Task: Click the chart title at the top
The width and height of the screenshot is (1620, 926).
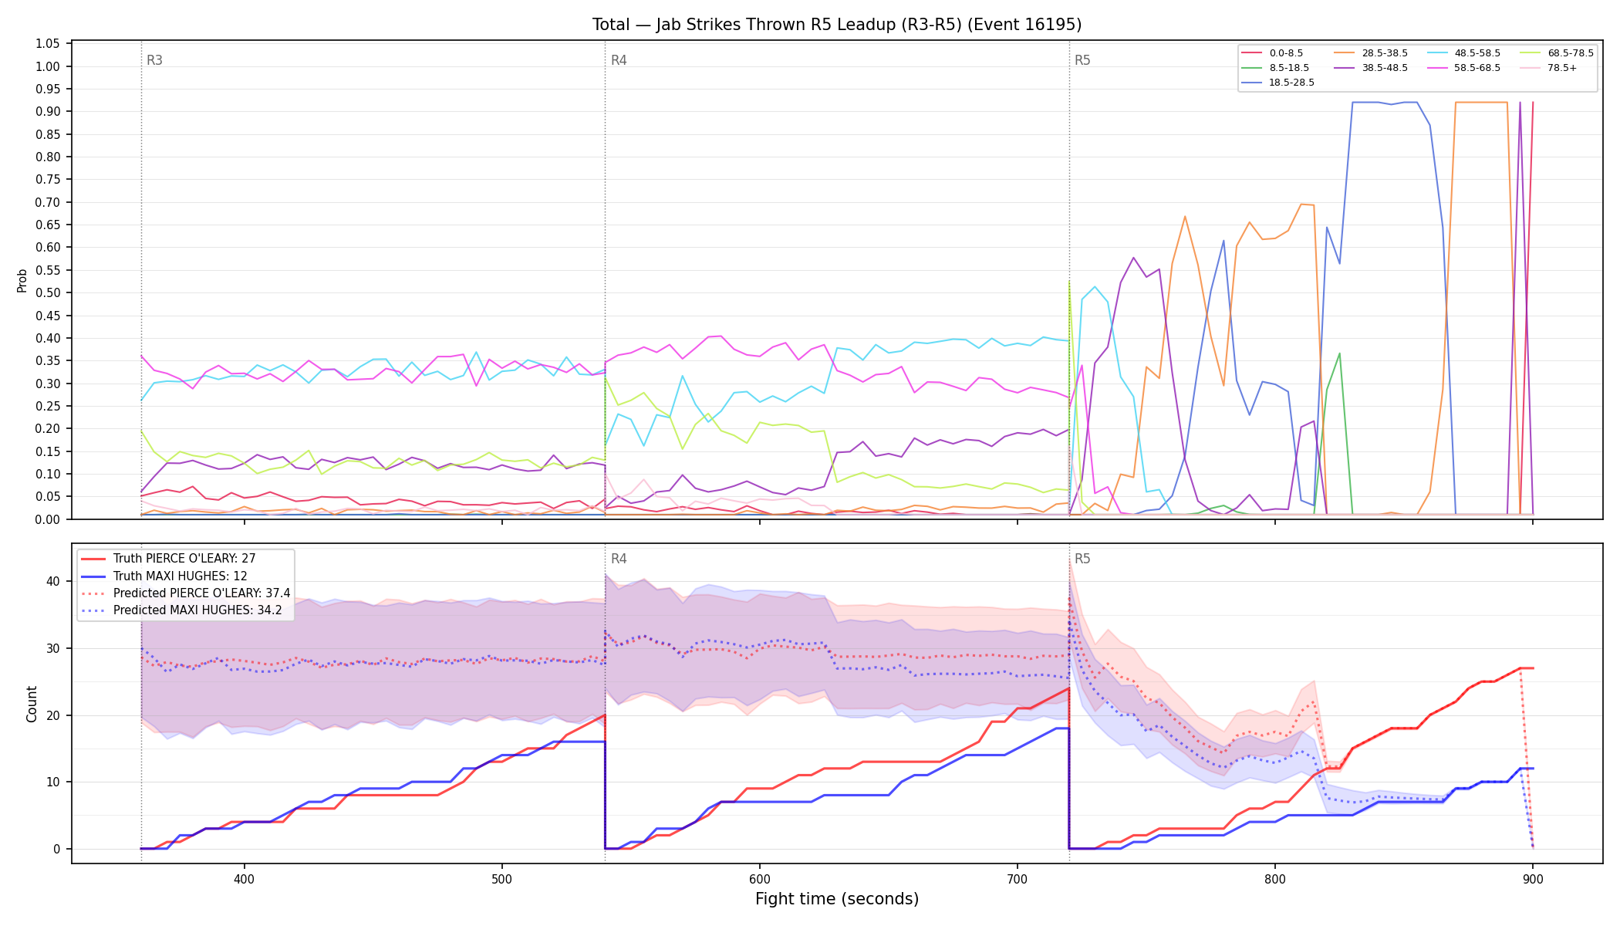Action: [837, 25]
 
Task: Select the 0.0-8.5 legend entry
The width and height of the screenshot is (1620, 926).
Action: [1272, 53]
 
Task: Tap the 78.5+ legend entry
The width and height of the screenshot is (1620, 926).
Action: [1550, 68]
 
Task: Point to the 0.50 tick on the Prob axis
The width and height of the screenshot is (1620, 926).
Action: [48, 293]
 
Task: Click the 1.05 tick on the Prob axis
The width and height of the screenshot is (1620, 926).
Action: [48, 44]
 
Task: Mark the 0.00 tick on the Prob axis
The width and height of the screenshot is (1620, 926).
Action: [48, 519]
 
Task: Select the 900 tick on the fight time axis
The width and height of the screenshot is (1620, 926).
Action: [1533, 880]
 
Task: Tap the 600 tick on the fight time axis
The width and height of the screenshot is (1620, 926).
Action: [760, 880]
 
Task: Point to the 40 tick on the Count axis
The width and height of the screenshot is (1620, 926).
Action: [53, 581]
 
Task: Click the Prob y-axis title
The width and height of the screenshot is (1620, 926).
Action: [22, 280]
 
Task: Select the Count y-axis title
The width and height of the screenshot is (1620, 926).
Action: [32, 704]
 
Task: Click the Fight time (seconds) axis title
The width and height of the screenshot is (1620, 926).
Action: [837, 899]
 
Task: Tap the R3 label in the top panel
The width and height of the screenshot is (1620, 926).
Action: [154, 60]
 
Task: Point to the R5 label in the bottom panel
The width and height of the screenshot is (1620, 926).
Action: [1082, 559]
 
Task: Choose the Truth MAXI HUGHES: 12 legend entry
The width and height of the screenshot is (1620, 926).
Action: [180, 576]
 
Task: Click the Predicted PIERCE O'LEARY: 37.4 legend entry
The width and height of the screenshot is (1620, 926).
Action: [185, 593]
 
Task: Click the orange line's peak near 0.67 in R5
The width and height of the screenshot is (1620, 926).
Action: [1185, 216]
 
